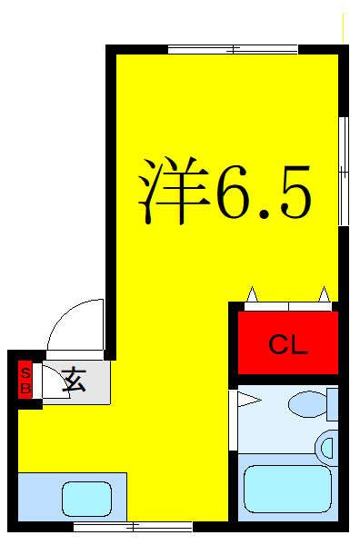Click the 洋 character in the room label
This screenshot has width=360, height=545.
(173, 193)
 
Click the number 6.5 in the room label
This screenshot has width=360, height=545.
(264, 193)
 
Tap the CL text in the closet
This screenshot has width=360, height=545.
(288, 344)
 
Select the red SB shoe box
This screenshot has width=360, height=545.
(25, 381)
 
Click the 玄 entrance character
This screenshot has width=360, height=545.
(74, 381)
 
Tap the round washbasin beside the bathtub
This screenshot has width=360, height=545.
(328, 446)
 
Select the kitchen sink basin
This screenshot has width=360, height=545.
(86, 499)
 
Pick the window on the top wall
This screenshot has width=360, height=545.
(233, 49)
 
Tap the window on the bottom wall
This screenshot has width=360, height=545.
(133, 526)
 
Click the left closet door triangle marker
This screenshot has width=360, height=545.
(252, 294)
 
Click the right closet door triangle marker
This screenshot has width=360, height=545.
(324, 294)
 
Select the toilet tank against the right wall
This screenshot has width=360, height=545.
(332, 402)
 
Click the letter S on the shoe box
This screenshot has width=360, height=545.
(25, 372)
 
